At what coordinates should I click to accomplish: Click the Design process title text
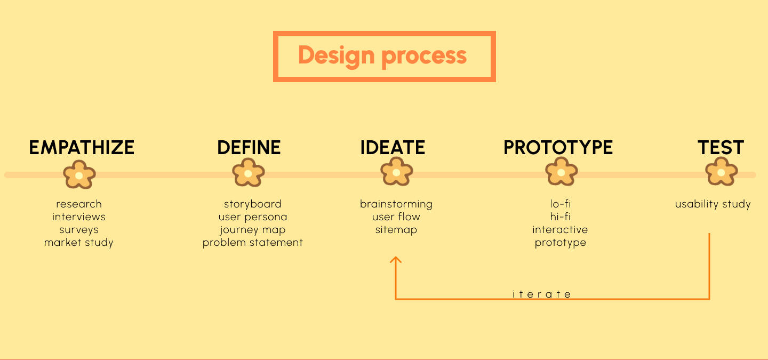coord(382,56)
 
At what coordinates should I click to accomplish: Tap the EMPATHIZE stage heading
coord(82,147)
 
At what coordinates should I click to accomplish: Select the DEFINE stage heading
coord(249,147)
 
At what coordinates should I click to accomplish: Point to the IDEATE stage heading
coord(393,147)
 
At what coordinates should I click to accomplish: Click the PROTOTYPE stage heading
coord(558,147)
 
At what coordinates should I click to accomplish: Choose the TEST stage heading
coord(721,147)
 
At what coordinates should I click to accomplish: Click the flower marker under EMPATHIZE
coord(79,174)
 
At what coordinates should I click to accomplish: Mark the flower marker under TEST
coord(722,171)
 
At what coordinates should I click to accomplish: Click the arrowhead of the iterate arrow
coord(396,259)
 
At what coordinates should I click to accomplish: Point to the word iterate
coord(541,294)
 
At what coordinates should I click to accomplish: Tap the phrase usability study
coord(713,204)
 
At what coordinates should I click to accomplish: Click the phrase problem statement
coord(253,243)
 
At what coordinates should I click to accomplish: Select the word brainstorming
coord(396,204)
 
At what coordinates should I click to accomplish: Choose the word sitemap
coord(396,230)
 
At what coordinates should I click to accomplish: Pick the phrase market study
coord(78,243)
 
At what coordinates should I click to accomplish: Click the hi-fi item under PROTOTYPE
coord(560,217)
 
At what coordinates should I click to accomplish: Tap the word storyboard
coord(253,204)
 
